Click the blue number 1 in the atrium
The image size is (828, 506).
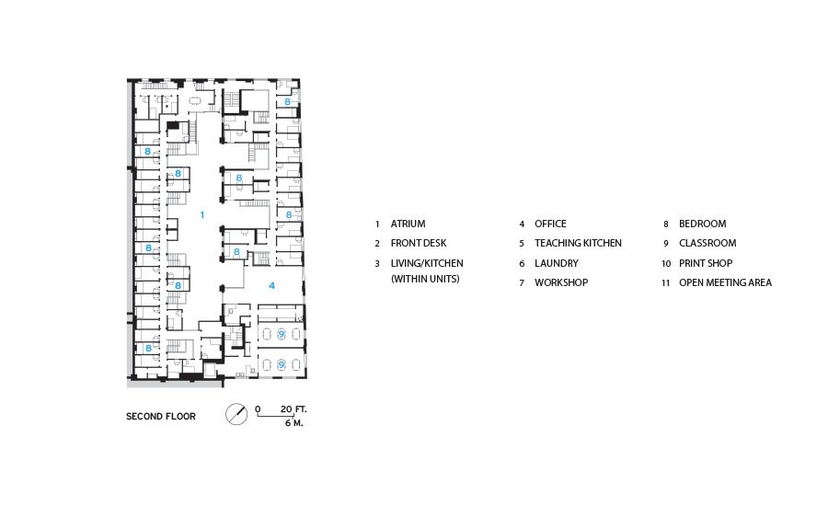pos(201,215)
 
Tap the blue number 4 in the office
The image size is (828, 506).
pos(272,286)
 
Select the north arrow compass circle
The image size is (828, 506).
pos(236,414)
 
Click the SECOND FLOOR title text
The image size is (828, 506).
pos(160,416)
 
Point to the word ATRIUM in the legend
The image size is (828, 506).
pos(408,224)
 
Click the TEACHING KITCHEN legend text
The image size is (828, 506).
pos(578,244)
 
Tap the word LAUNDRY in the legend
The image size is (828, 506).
pos(556,263)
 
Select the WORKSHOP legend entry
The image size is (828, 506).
pos(561,282)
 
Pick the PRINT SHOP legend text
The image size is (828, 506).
pos(706,263)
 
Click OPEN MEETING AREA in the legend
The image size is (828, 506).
pos(725,282)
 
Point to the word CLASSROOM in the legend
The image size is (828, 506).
pos(707,244)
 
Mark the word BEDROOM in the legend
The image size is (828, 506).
pos(702,224)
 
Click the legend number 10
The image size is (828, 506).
pos(666,263)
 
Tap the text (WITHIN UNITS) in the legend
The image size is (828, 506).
pos(425,279)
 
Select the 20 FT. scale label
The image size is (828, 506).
pos(293,409)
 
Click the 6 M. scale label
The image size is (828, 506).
pos(293,423)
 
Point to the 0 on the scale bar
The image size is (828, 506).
pos(258,409)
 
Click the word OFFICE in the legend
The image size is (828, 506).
pos(550,224)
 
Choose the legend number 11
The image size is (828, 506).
pos(666,283)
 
